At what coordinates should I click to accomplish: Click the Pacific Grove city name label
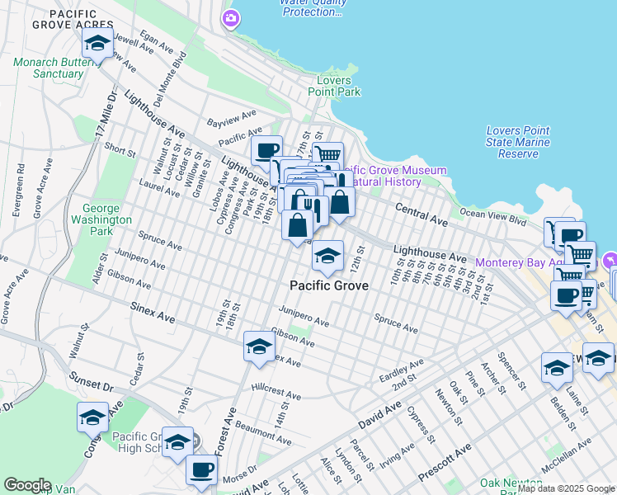[328, 285]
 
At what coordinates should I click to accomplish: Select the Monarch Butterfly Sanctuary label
[48, 68]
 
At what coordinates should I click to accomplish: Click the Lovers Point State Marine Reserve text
[523, 142]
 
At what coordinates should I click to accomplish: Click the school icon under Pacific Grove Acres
[98, 42]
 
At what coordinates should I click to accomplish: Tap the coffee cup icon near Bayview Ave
[266, 150]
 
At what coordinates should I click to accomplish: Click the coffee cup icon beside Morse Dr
[200, 470]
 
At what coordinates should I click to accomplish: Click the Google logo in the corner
[27, 485]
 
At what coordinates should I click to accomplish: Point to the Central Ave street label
[421, 214]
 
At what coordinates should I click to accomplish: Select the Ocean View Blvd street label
[492, 217]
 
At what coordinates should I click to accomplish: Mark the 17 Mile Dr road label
[101, 115]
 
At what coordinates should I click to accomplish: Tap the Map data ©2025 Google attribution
[566, 488]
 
